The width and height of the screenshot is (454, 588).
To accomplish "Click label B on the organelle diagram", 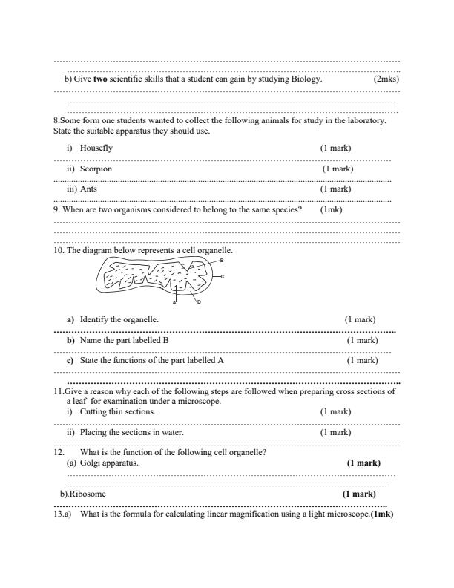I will [x=222, y=259].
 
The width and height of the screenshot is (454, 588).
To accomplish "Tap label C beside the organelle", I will [x=223, y=276].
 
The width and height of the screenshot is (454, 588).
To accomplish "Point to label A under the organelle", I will [x=174, y=303].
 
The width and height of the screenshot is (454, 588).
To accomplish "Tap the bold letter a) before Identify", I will [x=71, y=319].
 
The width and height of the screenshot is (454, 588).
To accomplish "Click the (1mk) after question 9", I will [x=331, y=209].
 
